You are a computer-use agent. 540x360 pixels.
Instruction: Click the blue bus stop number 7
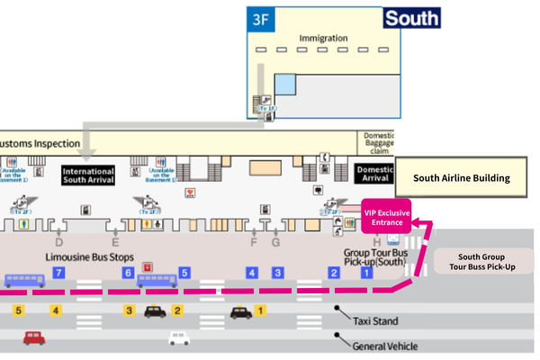click(x=58, y=272)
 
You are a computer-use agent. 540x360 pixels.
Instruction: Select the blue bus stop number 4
click(x=253, y=272)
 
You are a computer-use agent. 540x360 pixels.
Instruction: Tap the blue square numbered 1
click(x=366, y=272)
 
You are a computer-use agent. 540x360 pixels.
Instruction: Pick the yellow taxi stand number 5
click(x=17, y=310)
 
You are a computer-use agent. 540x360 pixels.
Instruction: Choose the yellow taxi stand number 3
click(x=130, y=310)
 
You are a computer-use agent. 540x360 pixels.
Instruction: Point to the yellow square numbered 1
click(x=261, y=310)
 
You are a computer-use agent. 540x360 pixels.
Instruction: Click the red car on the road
click(x=34, y=338)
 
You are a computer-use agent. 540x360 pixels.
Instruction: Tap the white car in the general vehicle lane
click(x=180, y=338)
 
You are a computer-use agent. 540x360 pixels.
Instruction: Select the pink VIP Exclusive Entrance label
click(x=386, y=217)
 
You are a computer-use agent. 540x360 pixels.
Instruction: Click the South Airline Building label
click(x=462, y=178)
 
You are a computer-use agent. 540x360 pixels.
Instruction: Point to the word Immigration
click(x=323, y=38)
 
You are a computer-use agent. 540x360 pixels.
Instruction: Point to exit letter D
click(x=59, y=242)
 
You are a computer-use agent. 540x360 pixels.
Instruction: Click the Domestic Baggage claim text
click(x=379, y=142)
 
